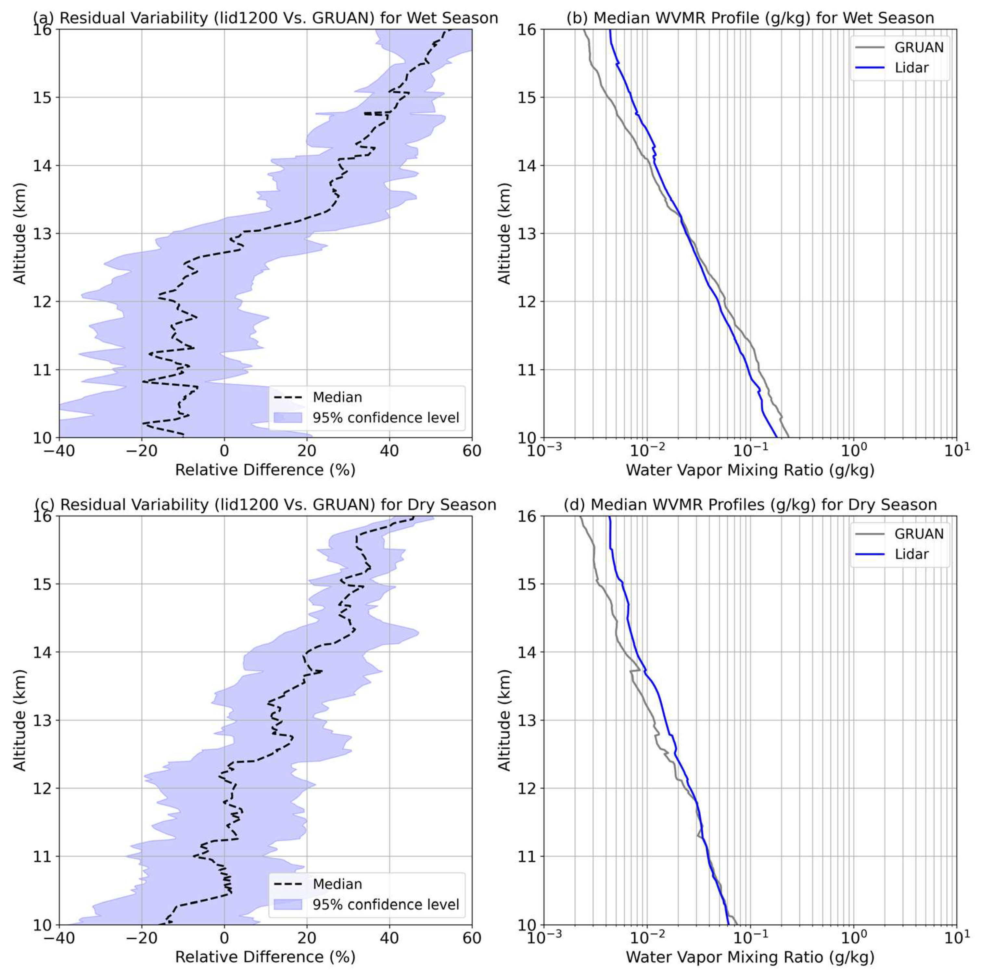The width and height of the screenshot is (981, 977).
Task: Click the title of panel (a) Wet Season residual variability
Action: (265, 18)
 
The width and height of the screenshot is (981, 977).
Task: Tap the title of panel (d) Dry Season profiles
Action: (750, 505)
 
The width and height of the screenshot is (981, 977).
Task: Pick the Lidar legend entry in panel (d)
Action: (911, 554)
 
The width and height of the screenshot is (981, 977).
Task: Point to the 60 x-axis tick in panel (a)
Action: (472, 451)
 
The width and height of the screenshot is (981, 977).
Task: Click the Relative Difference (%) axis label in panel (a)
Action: (265, 470)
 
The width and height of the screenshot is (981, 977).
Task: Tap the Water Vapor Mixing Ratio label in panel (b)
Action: (750, 470)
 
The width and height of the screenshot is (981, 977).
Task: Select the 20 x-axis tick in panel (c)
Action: (307, 938)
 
